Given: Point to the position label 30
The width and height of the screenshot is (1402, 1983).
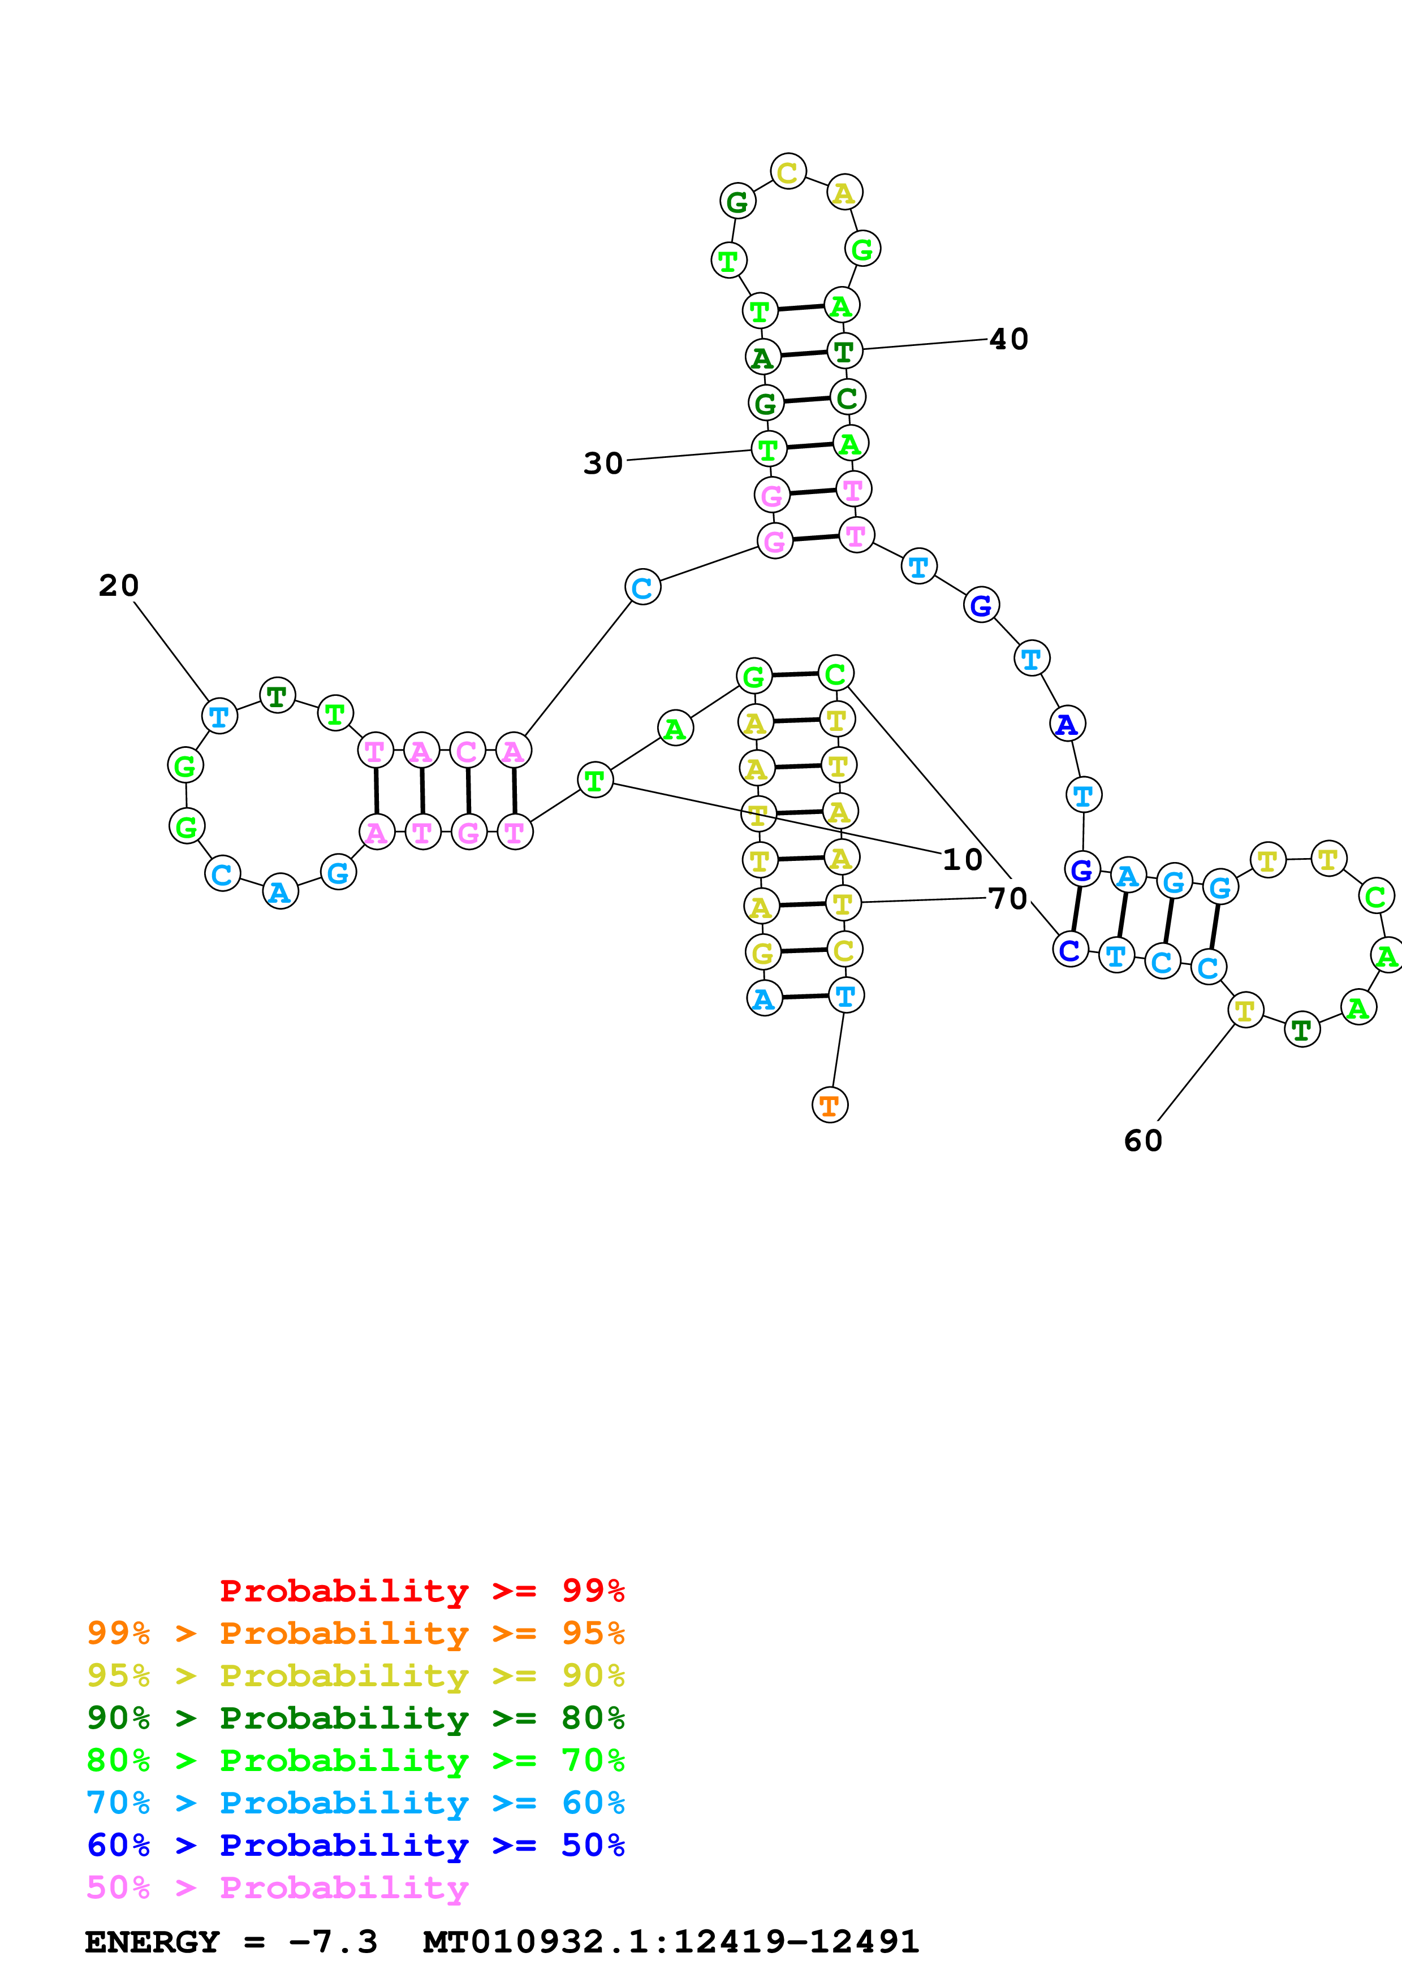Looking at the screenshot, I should pyautogui.click(x=603, y=463).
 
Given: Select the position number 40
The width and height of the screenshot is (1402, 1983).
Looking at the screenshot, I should pyautogui.click(x=1008, y=339).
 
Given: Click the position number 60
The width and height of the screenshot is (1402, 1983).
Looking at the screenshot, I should pyautogui.click(x=1143, y=1140).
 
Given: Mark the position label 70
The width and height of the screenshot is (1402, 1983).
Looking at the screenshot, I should pyautogui.click(x=1007, y=898).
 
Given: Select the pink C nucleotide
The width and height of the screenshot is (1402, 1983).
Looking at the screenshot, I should pyautogui.click(x=467, y=751).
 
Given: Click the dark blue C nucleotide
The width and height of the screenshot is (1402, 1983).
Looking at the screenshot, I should pyautogui.click(x=1069, y=950).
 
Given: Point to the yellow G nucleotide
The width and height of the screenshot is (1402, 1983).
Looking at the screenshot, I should pyautogui.click(x=762, y=952).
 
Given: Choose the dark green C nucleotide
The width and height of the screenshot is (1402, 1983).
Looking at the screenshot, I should pyautogui.click(x=847, y=397).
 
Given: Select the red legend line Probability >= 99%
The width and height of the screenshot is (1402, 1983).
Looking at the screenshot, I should pyautogui.click(x=421, y=1590).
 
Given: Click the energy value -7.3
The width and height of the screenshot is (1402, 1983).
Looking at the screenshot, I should pyautogui.click(x=333, y=1942).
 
